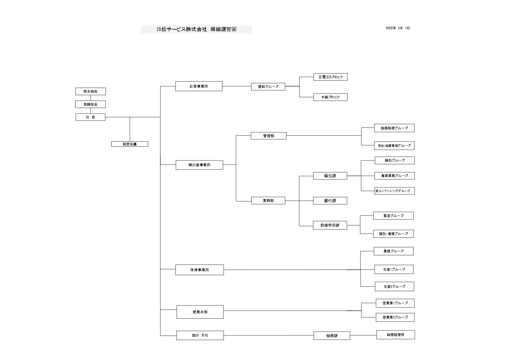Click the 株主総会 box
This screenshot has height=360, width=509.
pyautogui.click(x=90, y=91)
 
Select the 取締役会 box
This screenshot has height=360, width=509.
pyautogui.click(x=90, y=104)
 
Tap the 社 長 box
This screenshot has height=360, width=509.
pyautogui.click(x=90, y=117)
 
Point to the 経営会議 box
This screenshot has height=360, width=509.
pyautogui.click(x=130, y=144)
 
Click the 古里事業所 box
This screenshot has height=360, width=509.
pyautogui.click(x=199, y=86)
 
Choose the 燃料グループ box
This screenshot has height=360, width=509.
pyautogui.click(x=268, y=86)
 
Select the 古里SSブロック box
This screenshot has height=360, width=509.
pyautogui.click(x=330, y=77)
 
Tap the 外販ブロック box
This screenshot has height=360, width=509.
pyautogui.click(x=330, y=97)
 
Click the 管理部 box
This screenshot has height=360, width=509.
pyautogui.click(x=269, y=136)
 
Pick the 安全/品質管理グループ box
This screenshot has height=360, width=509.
pyautogui.click(x=394, y=146)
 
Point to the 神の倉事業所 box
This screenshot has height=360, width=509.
pyautogui.click(x=199, y=165)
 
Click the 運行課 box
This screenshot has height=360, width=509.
pyautogui.click(x=330, y=201)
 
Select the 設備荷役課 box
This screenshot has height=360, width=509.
pyautogui.click(x=330, y=225)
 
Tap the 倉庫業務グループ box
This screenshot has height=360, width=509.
pyautogui.click(x=394, y=176)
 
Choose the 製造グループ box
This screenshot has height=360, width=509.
pyautogui.click(x=393, y=216)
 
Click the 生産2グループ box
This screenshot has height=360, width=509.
pyautogui.click(x=394, y=286)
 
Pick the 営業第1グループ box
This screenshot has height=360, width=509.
pyautogui.click(x=395, y=303)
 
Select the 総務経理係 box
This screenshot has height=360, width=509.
pyautogui.click(x=396, y=335)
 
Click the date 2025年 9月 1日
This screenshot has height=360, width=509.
pyautogui.click(x=398, y=28)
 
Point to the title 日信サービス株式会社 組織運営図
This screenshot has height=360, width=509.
pyautogui.click(x=196, y=29)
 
